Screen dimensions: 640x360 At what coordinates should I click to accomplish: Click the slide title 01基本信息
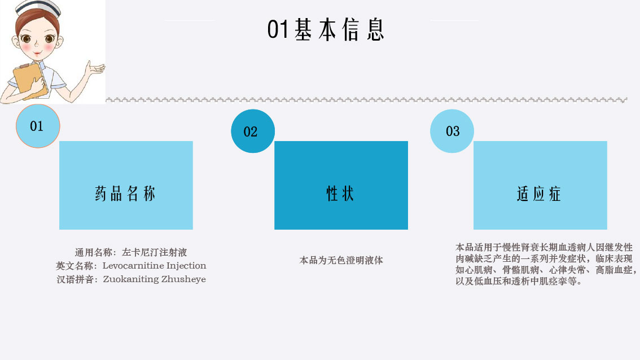(x=326, y=29)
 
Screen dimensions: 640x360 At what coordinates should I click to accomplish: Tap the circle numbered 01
(x=38, y=126)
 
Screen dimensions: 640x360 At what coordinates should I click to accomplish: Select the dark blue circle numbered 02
(x=253, y=131)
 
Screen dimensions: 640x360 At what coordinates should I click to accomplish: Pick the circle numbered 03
(x=452, y=131)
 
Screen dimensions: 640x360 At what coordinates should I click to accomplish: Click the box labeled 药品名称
(x=126, y=185)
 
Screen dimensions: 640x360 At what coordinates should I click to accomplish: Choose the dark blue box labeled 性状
(x=341, y=185)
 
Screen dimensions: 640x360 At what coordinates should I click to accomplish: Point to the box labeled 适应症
(x=541, y=185)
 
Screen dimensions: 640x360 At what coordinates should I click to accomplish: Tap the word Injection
(x=186, y=266)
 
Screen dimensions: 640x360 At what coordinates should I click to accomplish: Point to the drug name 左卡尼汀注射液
(x=154, y=252)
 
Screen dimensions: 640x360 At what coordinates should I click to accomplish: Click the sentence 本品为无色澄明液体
(x=341, y=261)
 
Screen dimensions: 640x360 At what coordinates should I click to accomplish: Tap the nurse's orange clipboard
(x=30, y=81)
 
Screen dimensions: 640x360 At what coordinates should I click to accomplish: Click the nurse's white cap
(x=39, y=8)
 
